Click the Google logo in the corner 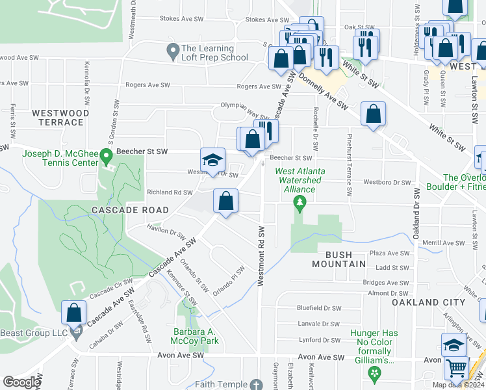pos(21,382)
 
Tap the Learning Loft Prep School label pos(215,53)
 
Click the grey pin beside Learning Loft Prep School pos(172,49)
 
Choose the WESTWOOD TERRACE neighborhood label pos(60,117)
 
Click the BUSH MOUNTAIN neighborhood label pos(337,259)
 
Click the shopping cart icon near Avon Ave pos(457,369)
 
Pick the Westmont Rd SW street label pos(261,257)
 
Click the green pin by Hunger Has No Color pos(374,372)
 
